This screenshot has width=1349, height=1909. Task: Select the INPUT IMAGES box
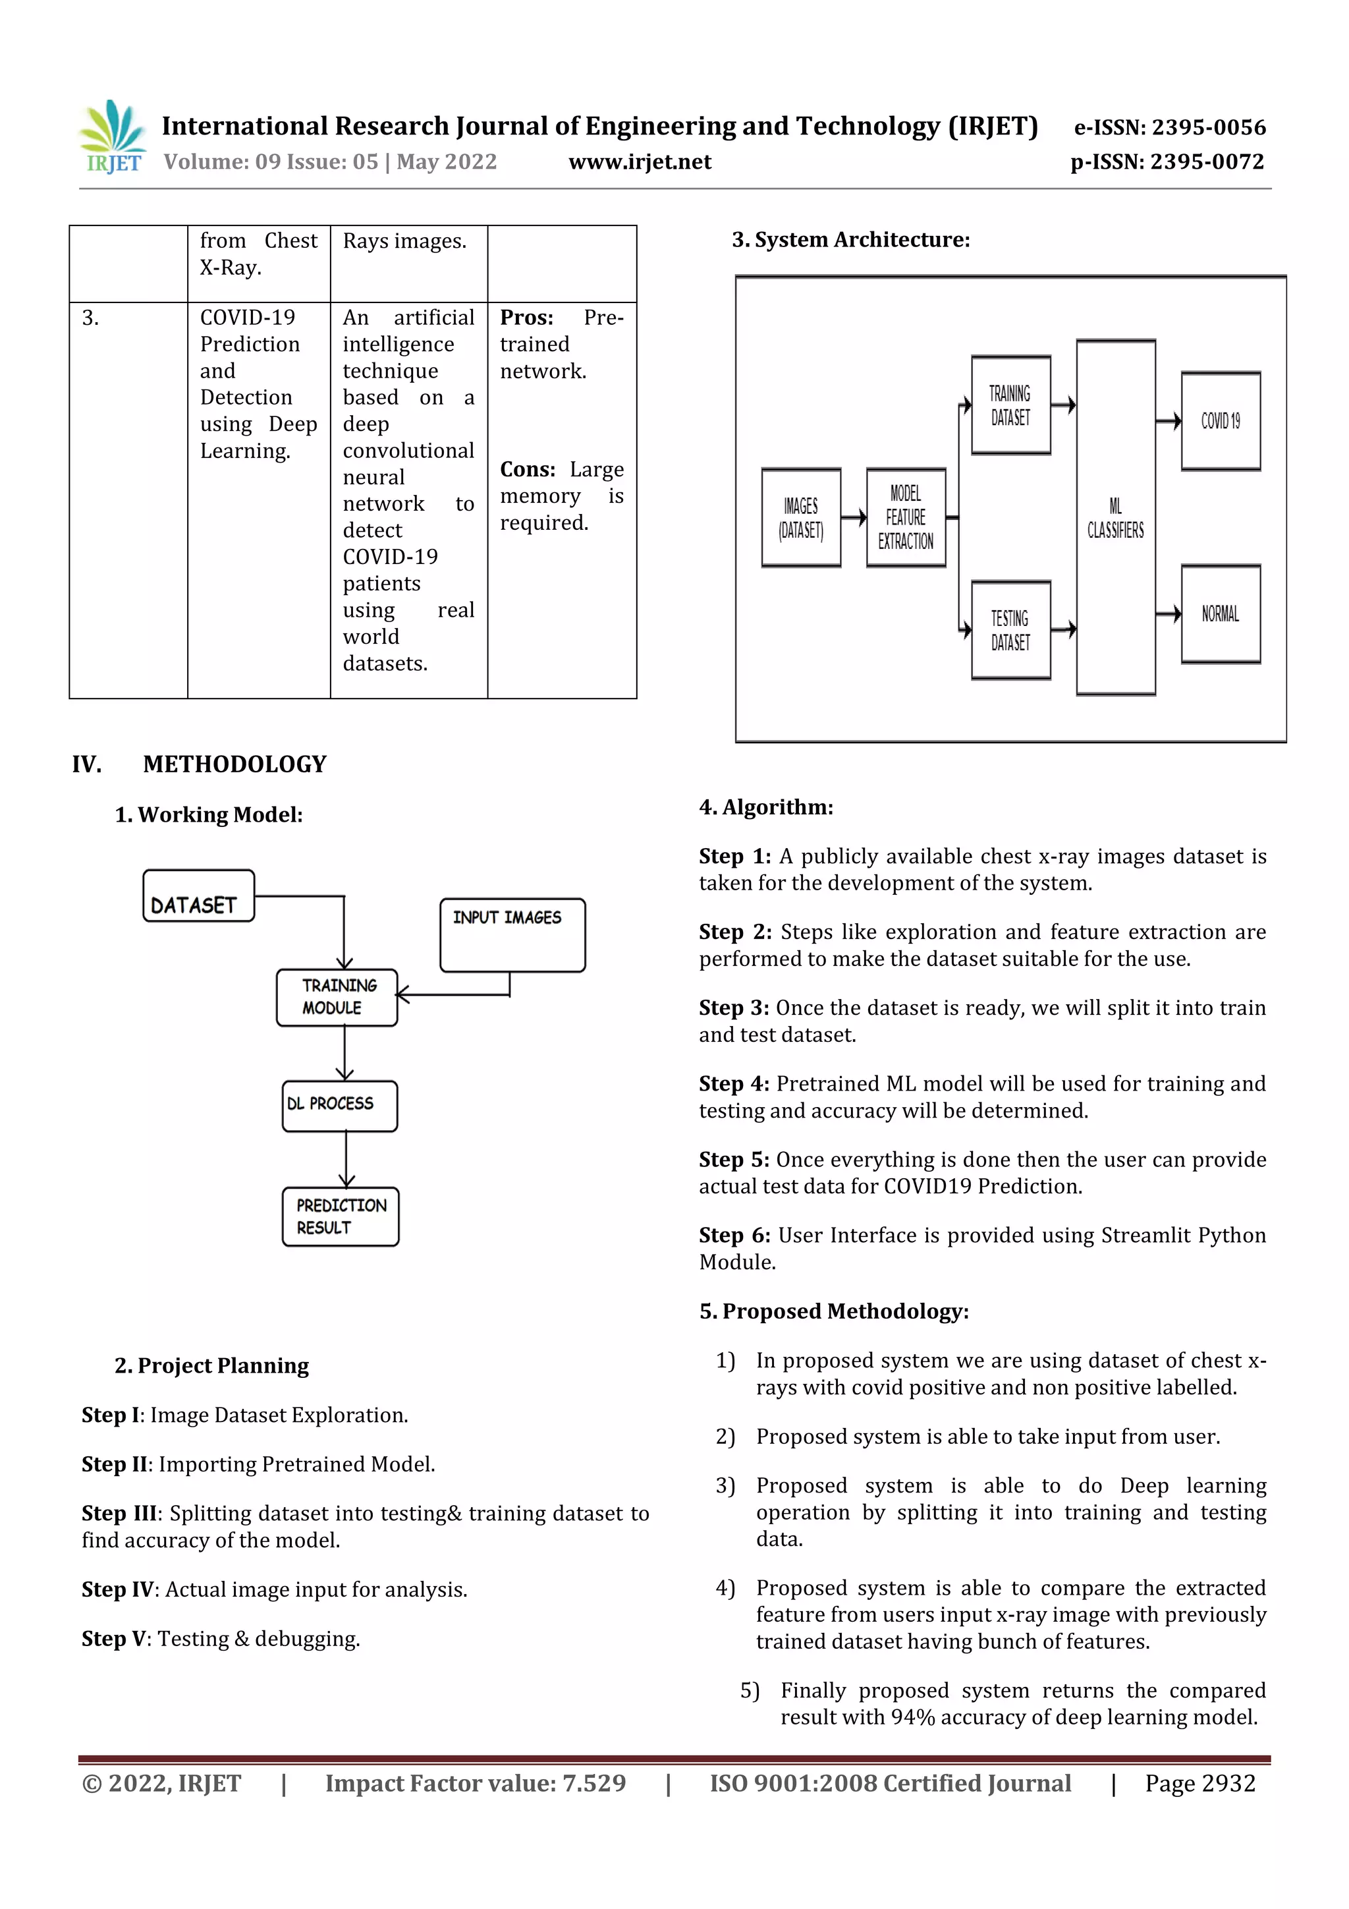tap(512, 934)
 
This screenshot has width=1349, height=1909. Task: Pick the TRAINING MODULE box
tap(337, 997)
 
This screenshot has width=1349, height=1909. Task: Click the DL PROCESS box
tap(339, 1105)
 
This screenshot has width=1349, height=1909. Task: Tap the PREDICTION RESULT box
tap(340, 1216)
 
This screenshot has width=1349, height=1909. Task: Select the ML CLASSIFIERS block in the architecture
tap(1115, 517)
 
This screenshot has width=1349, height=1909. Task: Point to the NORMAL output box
tap(1219, 613)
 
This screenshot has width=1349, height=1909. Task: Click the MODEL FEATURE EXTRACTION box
tap(905, 517)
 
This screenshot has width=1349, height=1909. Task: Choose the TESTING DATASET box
tap(1010, 629)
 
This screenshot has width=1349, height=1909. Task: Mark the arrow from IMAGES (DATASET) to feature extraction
tap(853, 517)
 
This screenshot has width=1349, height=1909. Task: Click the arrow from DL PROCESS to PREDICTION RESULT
tap(346, 1159)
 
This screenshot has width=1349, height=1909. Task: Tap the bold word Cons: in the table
tap(527, 470)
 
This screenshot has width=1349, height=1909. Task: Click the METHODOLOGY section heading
tap(234, 764)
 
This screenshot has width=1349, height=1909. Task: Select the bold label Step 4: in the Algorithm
tap(733, 1083)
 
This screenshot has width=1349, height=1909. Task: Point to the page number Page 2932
tap(1199, 1782)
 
